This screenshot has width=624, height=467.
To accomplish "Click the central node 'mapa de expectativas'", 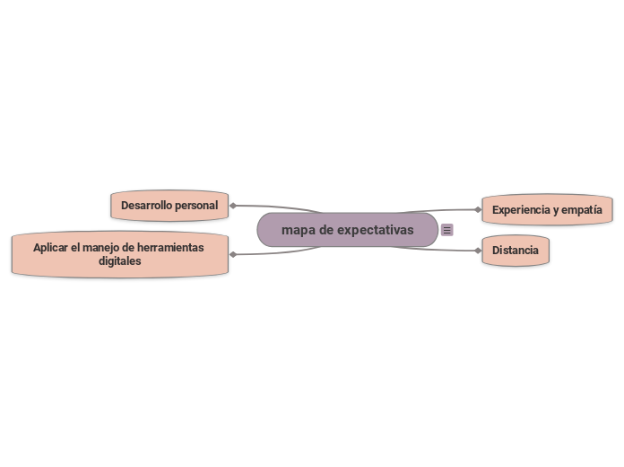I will coord(348,230).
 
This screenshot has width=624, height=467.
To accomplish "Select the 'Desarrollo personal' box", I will coord(169,206).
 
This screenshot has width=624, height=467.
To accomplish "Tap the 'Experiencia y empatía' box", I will coord(547,210).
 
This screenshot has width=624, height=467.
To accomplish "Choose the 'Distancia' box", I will coord(516,251).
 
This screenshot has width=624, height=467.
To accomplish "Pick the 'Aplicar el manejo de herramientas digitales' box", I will coord(118,254).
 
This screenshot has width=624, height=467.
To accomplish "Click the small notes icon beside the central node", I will coord(447,230).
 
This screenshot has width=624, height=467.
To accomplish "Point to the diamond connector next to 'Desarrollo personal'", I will coord(233,206).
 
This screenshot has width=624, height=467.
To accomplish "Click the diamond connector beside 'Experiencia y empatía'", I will coord(478,210).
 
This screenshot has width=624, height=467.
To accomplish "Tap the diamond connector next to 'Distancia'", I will coord(478,251).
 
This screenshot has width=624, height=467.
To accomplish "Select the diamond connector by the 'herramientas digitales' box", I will coord(233,254).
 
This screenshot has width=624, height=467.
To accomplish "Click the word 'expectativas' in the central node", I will coord(369,230).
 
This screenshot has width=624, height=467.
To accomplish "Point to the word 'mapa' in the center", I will coord(298,230).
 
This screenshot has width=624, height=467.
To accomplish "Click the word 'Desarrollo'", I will coord(146,206).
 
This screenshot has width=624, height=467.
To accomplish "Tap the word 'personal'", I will coord(196,206).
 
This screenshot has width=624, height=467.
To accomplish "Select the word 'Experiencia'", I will coord(520,210).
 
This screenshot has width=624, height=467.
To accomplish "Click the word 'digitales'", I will coord(119,261).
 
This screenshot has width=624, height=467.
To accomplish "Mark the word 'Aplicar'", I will coord(51,247).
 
